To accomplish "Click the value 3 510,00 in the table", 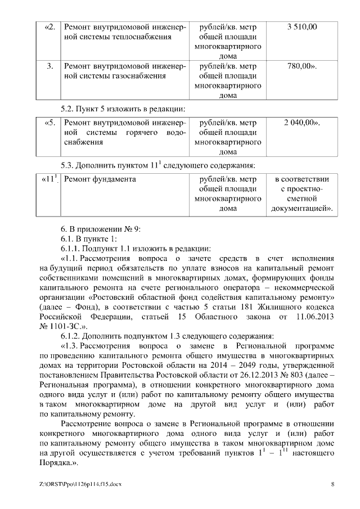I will pyautogui.click(x=301, y=27).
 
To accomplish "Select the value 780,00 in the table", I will pyautogui.click(x=301, y=66).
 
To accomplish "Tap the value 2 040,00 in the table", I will pyautogui.click(x=301, y=123).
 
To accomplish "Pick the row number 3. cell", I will pyautogui.click(x=50, y=66).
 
